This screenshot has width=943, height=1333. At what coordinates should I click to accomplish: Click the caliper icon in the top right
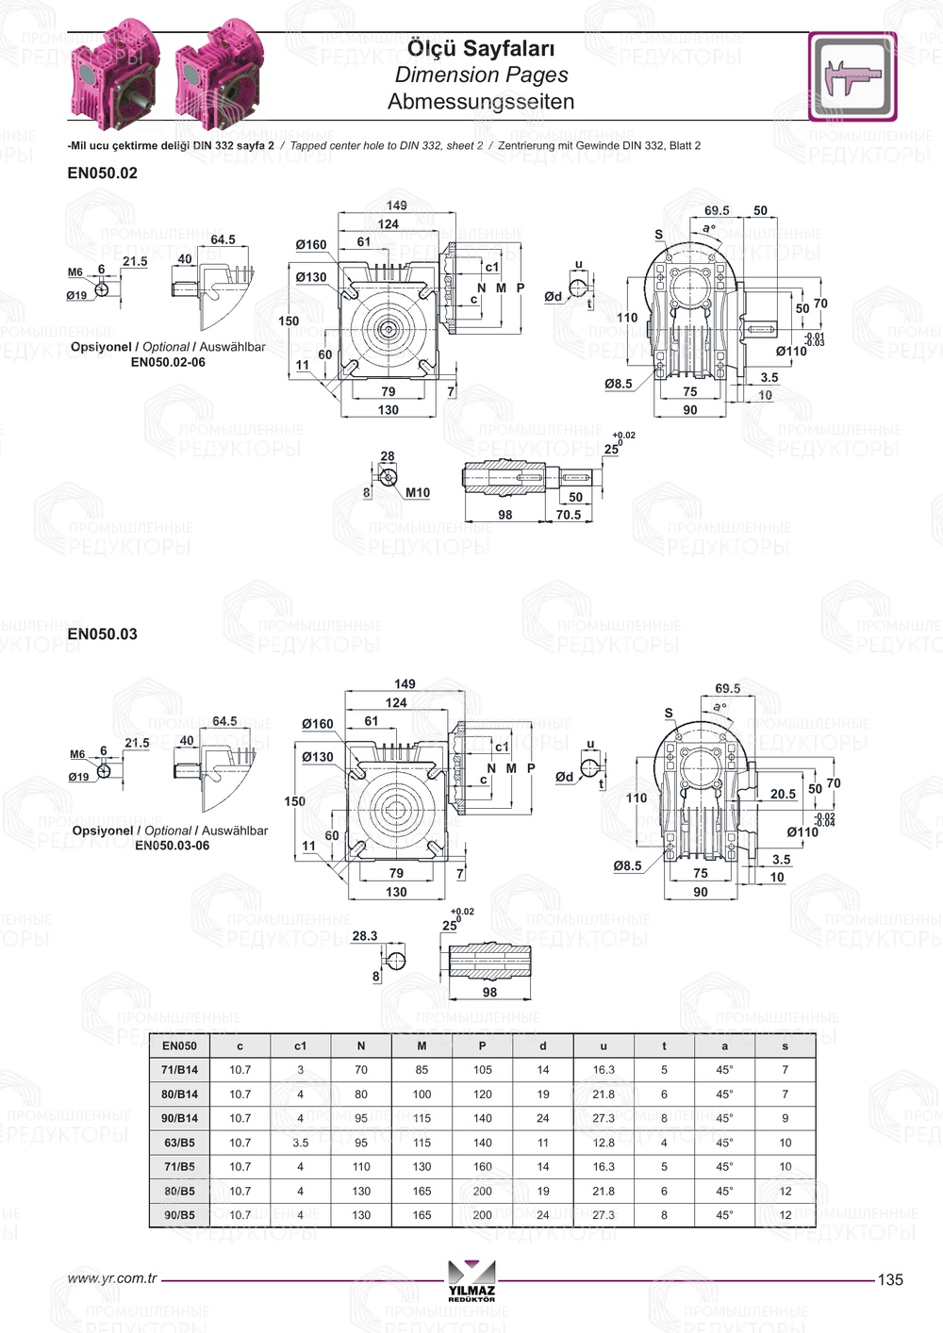coord(852,76)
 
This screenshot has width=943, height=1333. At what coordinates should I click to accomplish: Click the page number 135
coord(890,1279)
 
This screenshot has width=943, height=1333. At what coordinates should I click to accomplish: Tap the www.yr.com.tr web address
coord(112,1279)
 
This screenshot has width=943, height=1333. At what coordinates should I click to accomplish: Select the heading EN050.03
coord(102,634)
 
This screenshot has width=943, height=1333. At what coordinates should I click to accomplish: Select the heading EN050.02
coord(102,173)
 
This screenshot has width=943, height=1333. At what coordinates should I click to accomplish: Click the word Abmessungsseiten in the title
coord(481,102)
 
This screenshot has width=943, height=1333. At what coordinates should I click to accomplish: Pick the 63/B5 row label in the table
coord(179,1143)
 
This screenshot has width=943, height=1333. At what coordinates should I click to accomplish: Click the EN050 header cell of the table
coord(179,1045)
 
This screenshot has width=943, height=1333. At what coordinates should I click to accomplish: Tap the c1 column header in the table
coord(300,1045)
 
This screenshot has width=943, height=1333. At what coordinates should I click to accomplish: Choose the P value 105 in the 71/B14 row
coord(482,1070)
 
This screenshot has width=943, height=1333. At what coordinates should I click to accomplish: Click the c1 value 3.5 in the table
coord(300,1143)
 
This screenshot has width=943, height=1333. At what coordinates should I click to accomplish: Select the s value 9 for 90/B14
coord(785,1118)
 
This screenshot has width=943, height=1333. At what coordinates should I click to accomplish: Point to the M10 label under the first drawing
coord(418,493)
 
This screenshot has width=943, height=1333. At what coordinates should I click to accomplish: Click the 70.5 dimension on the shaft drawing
coord(569,516)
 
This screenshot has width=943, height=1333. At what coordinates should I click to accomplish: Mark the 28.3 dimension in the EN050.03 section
coord(364,936)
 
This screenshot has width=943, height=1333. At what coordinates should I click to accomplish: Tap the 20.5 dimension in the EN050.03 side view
coord(783,795)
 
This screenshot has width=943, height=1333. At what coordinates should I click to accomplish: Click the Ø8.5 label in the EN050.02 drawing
coord(619,385)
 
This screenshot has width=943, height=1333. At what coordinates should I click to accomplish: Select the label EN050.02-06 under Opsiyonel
coord(168,362)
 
